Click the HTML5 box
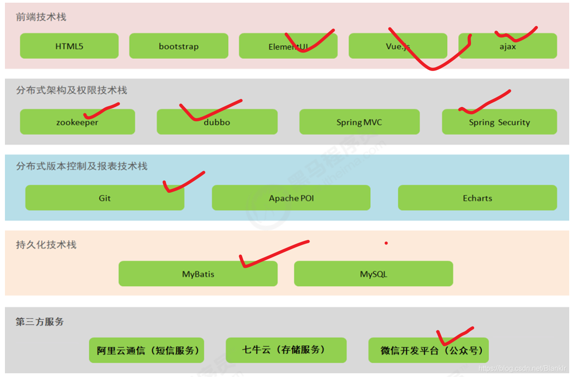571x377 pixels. pyautogui.click(x=69, y=46)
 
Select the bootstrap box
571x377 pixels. pyautogui.click(x=179, y=46)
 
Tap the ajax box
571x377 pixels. pyautogui.click(x=507, y=46)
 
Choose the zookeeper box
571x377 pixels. pyautogui.click(x=77, y=122)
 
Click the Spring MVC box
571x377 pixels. pyautogui.click(x=359, y=122)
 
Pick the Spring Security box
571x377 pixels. pyautogui.click(x=499, y=122)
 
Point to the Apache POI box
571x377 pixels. pyautogui.click(x=291, y=198)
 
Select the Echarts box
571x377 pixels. pyautogui.click(x=477, y=198)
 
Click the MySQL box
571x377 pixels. pyautogui.click(x=373, y=274)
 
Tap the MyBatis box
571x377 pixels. pyautogui.click(x=198, y=274)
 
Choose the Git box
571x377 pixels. pyautogui.click(x=105, y=198)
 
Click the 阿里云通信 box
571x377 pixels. pyautogui.click(x=147, y=350)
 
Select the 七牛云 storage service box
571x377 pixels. pyautogui.click(x=286, y=350)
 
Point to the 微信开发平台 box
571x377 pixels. pyautogui.click(x=428, y=350)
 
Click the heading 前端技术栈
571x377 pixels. pyautogui.click(x=41, y=17)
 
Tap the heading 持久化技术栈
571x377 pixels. pyautogui.click(x=46, y=245)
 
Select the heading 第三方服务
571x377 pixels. pyautogui.click(x=40, y=322)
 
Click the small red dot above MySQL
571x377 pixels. pyautogui.click(x=386, y=243)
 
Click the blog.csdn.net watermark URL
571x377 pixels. pyautogui.click(x=523, y=368)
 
